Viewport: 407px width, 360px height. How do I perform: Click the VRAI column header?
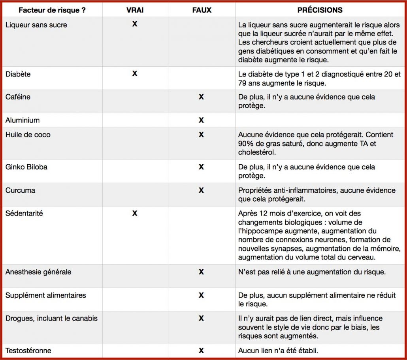(x=135, y=10)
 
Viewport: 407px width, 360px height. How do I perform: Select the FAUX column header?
(x=202, y=10)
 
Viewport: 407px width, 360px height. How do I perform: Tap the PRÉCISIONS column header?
(x=320, y=10)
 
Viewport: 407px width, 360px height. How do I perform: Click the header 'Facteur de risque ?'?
(x=52, y=10)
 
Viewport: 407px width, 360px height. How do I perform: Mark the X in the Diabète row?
(x=135, y=73)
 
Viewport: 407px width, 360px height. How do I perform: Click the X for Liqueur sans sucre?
(x=135, y=24)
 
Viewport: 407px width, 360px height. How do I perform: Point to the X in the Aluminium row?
(x=201, y=120)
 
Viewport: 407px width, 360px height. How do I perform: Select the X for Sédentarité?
(x=135, y=214)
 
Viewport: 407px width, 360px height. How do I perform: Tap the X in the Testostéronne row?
(x=201, y=351)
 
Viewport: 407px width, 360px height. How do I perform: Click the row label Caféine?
(x=18, y=97)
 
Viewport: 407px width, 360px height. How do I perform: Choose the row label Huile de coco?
(x=28, y=135)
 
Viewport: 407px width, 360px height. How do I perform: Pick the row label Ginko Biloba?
(x=26, y=167)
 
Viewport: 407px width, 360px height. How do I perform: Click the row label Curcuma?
(x=20, y=190)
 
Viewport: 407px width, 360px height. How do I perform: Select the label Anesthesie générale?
(x=38, y=272)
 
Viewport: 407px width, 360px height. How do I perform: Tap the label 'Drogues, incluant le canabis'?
(x=51, y=319)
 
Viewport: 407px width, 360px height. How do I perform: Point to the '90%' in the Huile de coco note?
(x=246, y=144)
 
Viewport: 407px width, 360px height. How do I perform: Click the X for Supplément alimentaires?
(x=201, y=295)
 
